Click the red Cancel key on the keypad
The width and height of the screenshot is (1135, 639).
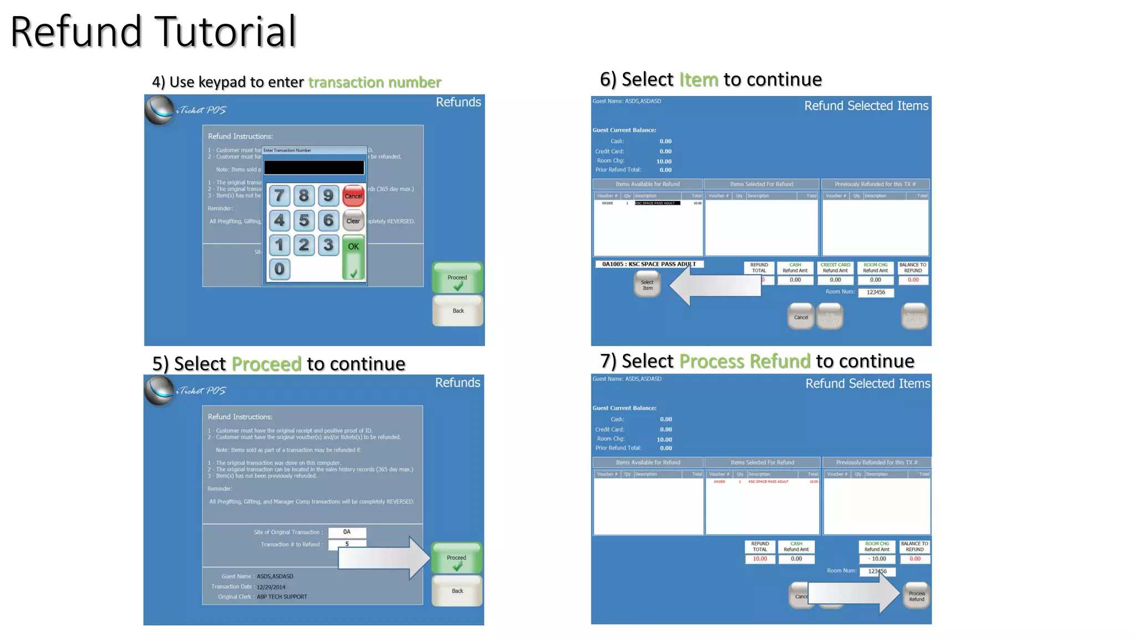click(x=353, y=196)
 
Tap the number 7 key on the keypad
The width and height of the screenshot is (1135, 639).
click(x=279, y=195)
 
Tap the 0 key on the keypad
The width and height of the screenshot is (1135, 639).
click(x=279, y=269)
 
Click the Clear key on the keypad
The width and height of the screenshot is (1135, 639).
click(x=353, y=221)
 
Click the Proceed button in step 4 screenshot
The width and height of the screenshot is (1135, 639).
click(x=457, y=278)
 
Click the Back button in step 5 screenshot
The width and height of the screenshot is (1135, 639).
click(x=457, y=591)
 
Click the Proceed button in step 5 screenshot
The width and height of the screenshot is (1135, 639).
click(x=457, y=559)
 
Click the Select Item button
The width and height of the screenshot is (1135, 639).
click(x=647, y=285)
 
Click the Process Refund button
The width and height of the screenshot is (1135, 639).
click(x=916, y=596)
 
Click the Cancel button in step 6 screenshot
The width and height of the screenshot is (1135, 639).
click(x=801, y=317)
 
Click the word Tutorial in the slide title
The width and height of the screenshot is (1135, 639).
click(x=225, y=32)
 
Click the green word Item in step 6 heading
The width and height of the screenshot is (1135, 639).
click(x=698, y=80)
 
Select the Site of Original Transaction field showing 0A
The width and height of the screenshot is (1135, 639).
click(x=347, y=532)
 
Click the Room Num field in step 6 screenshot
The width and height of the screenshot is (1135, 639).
click(x=876, y=292)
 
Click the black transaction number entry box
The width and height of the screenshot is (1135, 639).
click(x=314, y=168)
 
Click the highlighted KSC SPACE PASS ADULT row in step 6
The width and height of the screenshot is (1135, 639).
click(x=657, y=204)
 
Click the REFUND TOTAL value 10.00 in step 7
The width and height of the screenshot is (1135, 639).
click(x=760, y=559)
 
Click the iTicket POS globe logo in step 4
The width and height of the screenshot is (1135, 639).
click(x=160, y=110)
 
